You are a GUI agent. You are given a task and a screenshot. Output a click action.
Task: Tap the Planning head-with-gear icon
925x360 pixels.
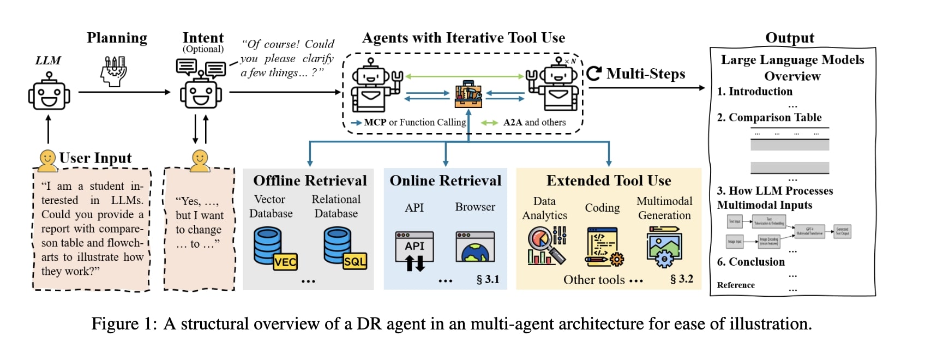(x=114, y=71)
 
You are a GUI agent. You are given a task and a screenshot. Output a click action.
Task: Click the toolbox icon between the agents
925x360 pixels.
(x=468, y=94)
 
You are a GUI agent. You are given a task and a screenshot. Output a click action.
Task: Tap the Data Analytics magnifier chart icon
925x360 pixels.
(x=546, y=246)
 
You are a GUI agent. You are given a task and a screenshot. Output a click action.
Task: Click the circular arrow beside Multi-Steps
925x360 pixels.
(x=594, y=73)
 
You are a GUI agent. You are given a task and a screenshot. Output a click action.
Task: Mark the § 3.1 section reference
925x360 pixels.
(x=488, y=279)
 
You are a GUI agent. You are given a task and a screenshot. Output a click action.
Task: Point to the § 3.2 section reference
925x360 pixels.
(x=681, y=279)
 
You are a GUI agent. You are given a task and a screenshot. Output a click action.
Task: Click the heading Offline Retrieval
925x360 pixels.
(x=310, y=181)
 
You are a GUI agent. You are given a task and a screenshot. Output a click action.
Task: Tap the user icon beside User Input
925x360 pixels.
(x=48, y=159)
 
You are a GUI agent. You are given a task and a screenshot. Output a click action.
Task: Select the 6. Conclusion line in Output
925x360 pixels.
(x=750, y=262)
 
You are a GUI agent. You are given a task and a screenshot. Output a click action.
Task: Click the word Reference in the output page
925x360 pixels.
(x=736, y=285)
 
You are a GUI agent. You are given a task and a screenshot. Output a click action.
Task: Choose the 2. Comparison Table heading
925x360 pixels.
(x=769, y=117)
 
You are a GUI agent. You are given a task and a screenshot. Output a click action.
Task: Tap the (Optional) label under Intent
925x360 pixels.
(x=203, y=49)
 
